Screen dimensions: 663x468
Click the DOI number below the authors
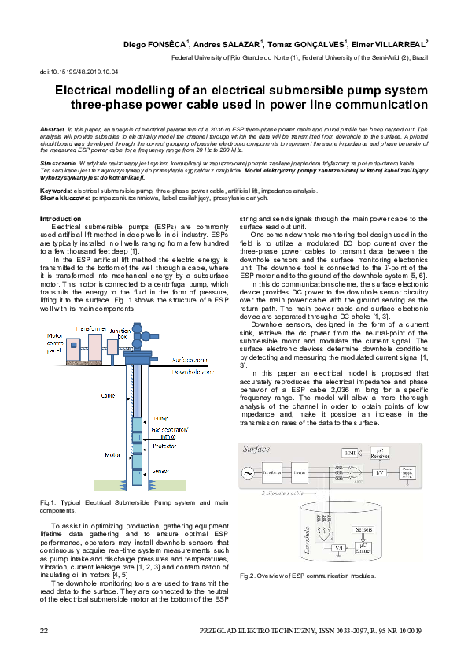click(x=79, y=72)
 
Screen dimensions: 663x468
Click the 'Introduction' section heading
click(x=60, y=218)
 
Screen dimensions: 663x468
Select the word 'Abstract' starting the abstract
click(x=52, y=128)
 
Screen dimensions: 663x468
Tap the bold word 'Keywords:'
click(x=57, y=191)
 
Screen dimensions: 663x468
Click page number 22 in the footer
click(x=44, y=630)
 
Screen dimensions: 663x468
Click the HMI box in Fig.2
click(x=350, y=453)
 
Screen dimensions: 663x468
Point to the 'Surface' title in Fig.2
click(x=256, y=450)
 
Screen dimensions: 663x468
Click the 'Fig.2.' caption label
click(x=249, y=576)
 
